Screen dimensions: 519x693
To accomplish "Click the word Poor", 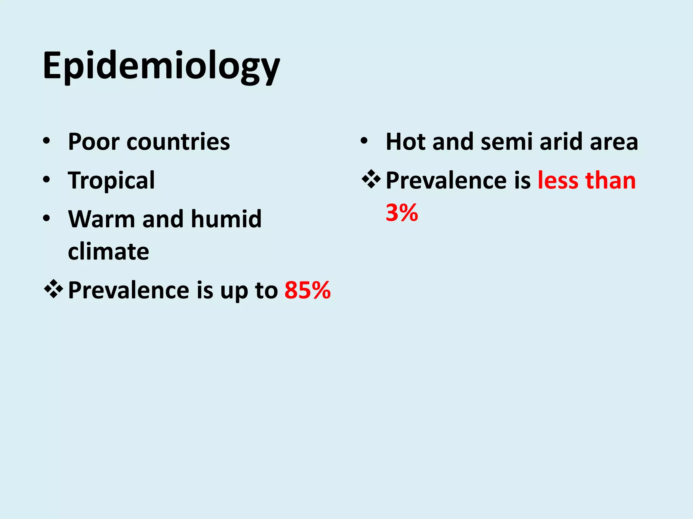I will (x=93, y=142).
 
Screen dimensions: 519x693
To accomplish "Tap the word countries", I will (x=178, y=142).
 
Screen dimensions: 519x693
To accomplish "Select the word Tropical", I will (x=111, y=180).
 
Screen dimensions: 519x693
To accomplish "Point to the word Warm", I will (x=102, y=219).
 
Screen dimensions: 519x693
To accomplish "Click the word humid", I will (x=226, y=219).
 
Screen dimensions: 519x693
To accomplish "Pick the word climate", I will (x=108, y=251).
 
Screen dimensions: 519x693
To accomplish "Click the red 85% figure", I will (x=307, y=290).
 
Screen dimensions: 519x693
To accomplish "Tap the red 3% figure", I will (x=402, y=213).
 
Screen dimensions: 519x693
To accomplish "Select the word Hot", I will (x=405, y=142).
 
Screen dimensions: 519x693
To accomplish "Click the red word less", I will (x=558, y=180).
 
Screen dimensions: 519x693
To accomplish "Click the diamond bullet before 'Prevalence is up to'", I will (x=53, y=289).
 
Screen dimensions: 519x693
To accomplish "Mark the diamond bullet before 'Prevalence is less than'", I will (x=371, y=179).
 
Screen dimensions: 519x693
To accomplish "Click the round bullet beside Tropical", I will (x=47, y=179).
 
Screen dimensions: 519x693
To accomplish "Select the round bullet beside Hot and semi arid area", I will (x=364, y=141).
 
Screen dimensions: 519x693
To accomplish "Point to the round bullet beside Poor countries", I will (x=47, y=141).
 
